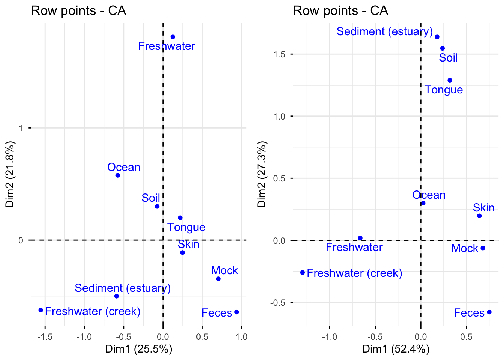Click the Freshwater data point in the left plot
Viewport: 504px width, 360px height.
click(173, 37)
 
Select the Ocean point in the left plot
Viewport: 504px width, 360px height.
click(117, 175)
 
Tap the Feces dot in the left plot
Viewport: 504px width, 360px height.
click(237, 312)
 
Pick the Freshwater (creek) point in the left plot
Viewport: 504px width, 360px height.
click(41, 310)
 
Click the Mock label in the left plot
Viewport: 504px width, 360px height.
click(224, 270)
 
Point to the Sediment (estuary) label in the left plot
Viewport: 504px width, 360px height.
click(123, 288)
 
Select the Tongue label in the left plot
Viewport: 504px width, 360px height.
click(186, 227)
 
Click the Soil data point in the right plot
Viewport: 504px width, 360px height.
click(442, 48)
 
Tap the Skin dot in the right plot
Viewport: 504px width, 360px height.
click(479, 216)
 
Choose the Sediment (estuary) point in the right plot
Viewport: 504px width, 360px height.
click(437, 37)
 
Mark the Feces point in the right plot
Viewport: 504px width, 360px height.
click(489, 312)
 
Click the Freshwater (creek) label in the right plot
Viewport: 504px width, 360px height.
click(354, 273)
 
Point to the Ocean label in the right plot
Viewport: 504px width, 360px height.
click(429, 195)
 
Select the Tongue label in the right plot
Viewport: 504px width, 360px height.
click(444, 90)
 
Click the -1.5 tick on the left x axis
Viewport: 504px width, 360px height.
click(45, 336)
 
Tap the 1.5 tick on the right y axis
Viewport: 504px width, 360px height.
click(279, 54)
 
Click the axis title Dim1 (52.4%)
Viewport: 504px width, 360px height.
click(396, 349)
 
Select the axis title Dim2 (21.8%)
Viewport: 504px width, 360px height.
click(10, 174)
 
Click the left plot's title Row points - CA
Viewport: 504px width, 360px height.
click(78, 10)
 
